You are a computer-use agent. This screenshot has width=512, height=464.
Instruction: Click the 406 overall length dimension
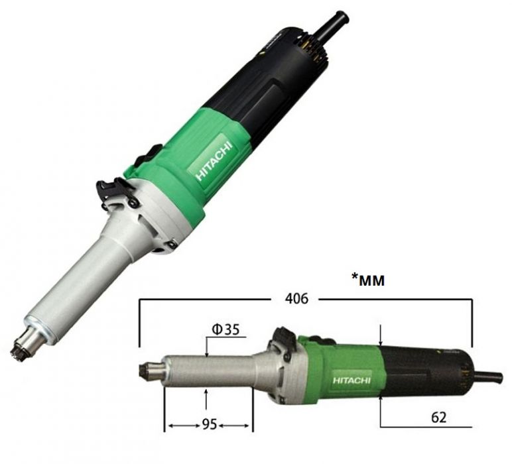pyautogui.click(x=296, y=298)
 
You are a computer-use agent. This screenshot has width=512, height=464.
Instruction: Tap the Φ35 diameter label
pyautogui.click(x=225, y=329)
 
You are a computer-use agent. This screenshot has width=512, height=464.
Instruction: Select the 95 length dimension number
pyautogui.click(x=210, y=424)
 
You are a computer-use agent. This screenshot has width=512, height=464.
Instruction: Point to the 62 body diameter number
pyautogui.click(x=438, y=418)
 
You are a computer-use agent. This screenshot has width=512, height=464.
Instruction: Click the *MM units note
pyautogui.click(x=367, y=280)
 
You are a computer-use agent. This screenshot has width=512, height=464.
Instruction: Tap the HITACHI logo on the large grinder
pyautogui.click(x=214, y=161)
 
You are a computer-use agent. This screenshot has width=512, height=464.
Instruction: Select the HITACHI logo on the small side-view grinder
pyautogui.click(x=352, y=380)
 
